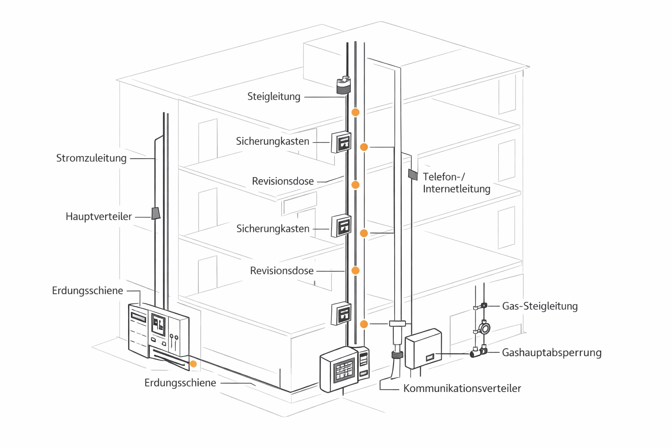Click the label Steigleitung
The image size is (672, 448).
tap(274, 96)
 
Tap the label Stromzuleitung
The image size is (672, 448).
tap(91, 158)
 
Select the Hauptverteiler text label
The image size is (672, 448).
tap(98, 216)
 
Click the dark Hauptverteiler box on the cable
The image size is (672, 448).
tap(156, 213)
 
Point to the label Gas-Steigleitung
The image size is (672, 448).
tap(539, 306)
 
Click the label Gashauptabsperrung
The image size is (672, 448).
tap(551, 352)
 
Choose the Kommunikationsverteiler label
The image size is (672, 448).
tap(462, 388)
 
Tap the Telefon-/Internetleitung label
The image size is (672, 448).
tap(456, 183)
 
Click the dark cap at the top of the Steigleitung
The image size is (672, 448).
tap(343, 85)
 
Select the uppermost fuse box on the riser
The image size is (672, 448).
tap(341, 142)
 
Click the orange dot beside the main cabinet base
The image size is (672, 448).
tap(193, 364)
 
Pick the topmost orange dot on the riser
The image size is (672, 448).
tap(356, 112)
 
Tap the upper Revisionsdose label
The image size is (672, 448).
tap(283, 181)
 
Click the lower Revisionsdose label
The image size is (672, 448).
tap(282, 271)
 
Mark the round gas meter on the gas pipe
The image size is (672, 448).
tap(484, 328)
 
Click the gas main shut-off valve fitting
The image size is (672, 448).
tap(479, 352)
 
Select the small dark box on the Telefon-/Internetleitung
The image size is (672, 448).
tap(413, 174)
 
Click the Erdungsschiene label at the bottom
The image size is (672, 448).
tap(180, 383)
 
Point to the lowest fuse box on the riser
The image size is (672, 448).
tap(341, 313)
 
